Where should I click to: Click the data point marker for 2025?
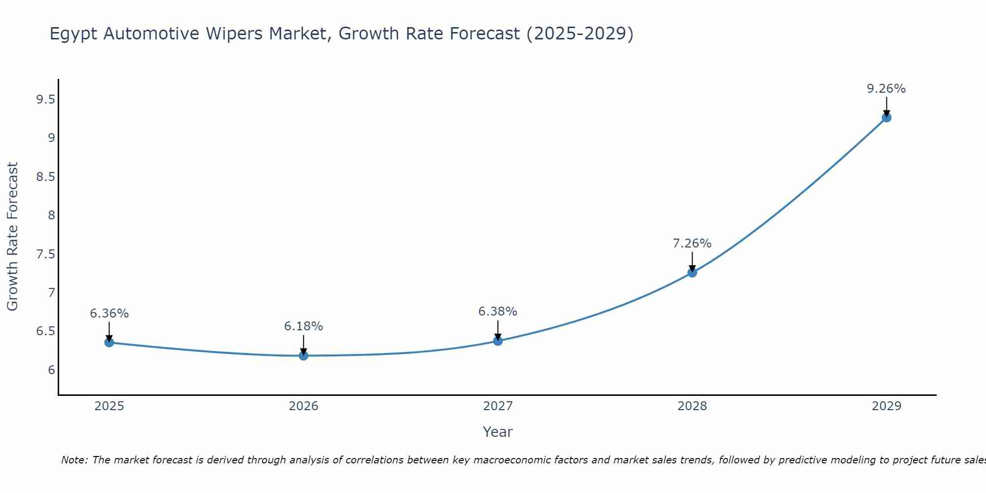[x=109, y=343]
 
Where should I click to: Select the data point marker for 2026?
[x=303, y=355]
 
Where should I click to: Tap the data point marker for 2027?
[x=498, y=341]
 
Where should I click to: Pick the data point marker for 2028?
[x=692, y=273]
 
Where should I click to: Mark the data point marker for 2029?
[x=886, y=117]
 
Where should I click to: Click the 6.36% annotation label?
[x=109, y=314]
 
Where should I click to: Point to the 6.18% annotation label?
[x=303, y=326]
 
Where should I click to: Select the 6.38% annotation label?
[x=498, y=312]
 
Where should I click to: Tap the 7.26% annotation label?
[x=692, y=244]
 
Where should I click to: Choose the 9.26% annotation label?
[x=886, y=89]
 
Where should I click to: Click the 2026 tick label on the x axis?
[x=303, y=406]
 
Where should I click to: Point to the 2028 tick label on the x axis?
[x=692, y=406]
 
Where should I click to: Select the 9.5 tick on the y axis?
[x=45, y=100]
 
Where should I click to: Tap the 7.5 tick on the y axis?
[x=45, y=254]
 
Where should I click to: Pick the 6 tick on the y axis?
[x=51, y=370]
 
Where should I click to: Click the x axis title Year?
[x=498, y=432]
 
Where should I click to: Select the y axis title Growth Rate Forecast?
[x=13, y=236]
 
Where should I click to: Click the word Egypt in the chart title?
[x=74, y=34]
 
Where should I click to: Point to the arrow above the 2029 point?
[x=886, y=106]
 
